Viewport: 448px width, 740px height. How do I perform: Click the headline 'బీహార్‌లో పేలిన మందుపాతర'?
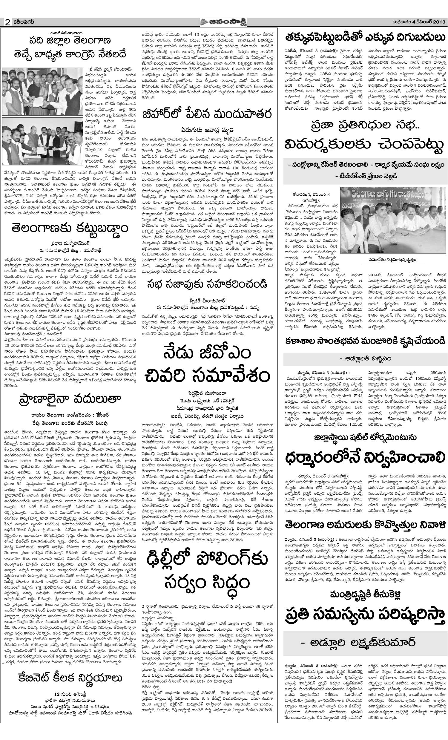coord(208,115)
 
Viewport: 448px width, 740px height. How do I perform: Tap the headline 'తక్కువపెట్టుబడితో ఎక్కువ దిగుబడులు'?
coord(365,38)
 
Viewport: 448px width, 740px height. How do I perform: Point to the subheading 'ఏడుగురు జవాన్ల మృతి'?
coord(207,130)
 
